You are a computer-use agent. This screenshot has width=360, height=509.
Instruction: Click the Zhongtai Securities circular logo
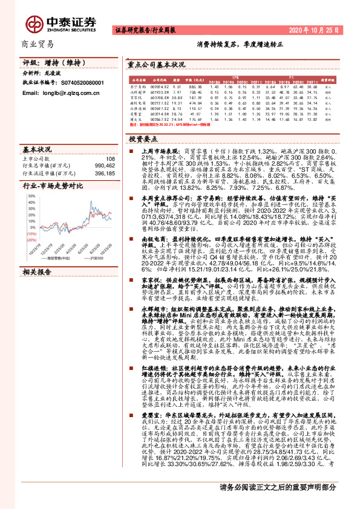(x=34, y=23)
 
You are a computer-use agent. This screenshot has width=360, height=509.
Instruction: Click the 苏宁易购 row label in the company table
(x=136, y=87)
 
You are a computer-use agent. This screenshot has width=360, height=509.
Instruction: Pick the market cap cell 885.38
(x=195, y=87)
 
